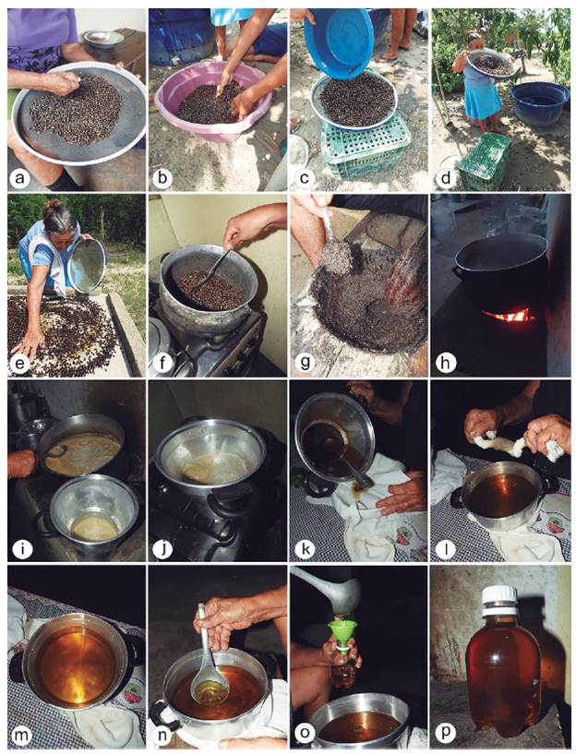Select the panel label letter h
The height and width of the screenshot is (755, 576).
point(446,364)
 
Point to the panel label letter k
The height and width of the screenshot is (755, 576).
point(305,549)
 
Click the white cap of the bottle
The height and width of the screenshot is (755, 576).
point(499,597)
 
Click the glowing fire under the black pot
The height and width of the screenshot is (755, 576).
point(509,316)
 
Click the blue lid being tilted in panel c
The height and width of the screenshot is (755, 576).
point(339,42)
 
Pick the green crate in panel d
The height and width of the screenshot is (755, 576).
point(486,161)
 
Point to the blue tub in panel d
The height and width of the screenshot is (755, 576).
point(540,103)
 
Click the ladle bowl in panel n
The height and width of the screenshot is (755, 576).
point(210,688)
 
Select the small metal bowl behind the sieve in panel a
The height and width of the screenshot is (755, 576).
point(102,42)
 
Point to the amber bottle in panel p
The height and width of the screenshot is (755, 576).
point(502,659)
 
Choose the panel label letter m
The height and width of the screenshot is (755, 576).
point(19,735)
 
